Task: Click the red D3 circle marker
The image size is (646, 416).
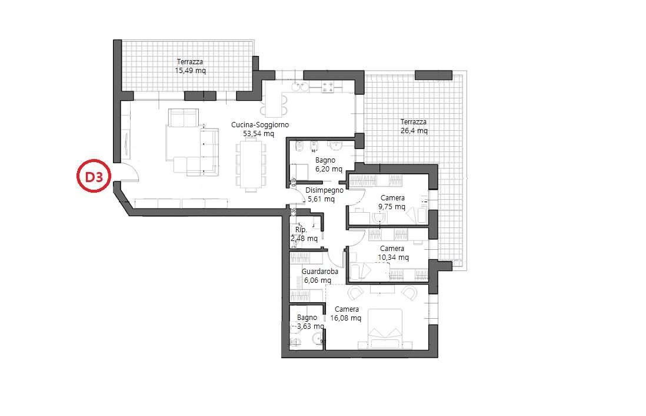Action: tap(94, 176)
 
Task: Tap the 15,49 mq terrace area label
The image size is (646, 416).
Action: tap(191, 71)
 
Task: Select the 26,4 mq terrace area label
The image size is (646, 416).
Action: tap(414, 131)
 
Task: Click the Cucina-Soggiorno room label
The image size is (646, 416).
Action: tap(260, 125)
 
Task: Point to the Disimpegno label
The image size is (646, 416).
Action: tap(325, 190)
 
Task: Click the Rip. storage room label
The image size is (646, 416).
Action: tap(301, 229)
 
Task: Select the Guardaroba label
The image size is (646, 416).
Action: tap(319, 272)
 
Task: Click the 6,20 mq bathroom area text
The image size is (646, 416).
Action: tap(329, 169)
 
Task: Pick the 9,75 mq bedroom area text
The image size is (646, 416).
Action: tap(392, 207)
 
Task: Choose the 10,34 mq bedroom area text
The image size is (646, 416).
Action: tap(394, 257)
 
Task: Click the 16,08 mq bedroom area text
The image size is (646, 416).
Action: tap(346, 318)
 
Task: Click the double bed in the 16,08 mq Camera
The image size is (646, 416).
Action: tap(385, 329)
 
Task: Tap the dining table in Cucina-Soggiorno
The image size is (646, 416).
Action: tap(251, 165)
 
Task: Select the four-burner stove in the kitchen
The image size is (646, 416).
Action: tap(328, 87)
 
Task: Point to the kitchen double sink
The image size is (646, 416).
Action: tap(299, 87)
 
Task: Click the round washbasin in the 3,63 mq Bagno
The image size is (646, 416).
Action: tap(317, 339)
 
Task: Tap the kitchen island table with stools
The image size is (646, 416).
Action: tap(274, 104)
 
